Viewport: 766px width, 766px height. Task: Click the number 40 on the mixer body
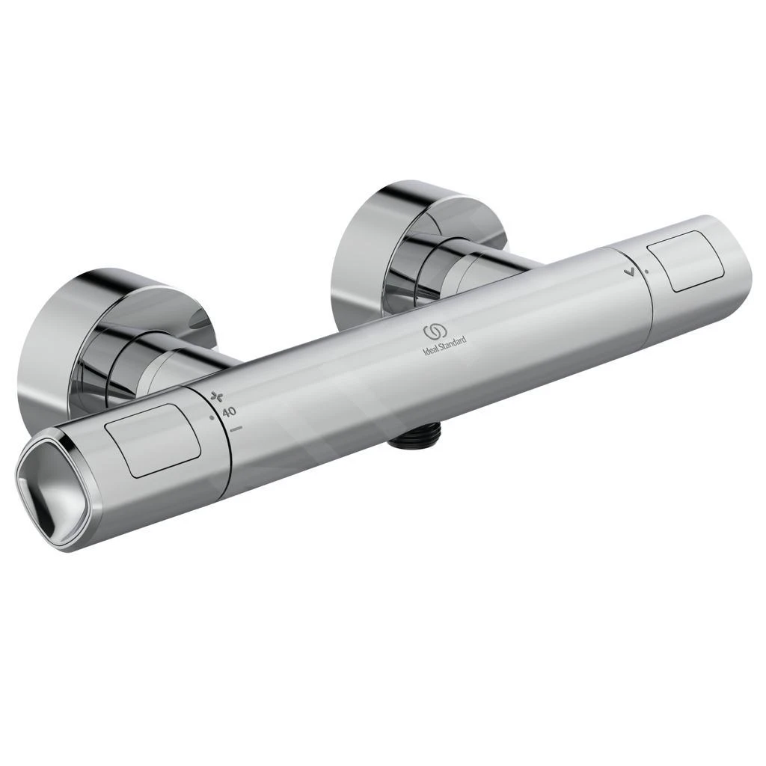point(229,411)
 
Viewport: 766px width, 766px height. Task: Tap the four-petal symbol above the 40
point(218,396)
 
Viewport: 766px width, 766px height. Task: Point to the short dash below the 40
point(236,429)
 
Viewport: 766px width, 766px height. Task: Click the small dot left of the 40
point(212,416)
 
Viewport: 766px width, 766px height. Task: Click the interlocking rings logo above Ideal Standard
point(435,330)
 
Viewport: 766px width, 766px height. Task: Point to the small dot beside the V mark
point(646,271)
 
